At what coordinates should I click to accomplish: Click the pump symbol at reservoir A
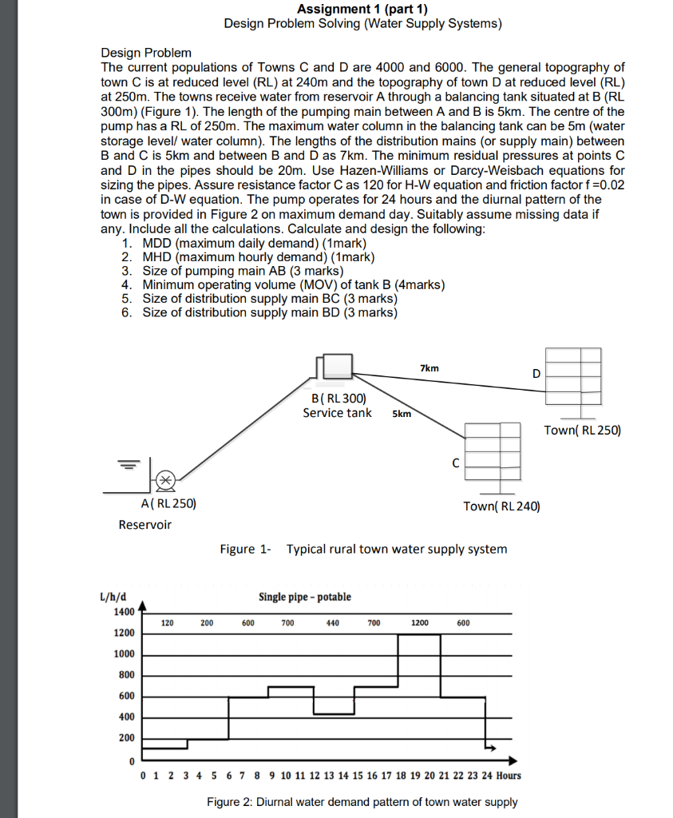(x=164, y=479)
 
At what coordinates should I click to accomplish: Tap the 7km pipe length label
(x=429, y=368)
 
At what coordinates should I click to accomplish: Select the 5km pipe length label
(x=402, y=414)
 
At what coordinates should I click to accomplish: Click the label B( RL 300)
(x=338, y=398)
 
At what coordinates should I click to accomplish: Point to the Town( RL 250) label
(x=582, y=431)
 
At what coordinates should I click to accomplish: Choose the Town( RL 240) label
(x=501, y=506)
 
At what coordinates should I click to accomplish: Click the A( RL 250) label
(x=168, y=504)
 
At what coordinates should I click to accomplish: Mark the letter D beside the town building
(x=536, y=374)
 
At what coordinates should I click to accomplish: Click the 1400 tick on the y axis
(x=124, y=612)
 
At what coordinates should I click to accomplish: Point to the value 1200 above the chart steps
(x=419, y=622)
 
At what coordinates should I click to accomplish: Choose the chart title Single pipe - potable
(x=304, y=597)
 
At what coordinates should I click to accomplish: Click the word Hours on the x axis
(x=509, y=775)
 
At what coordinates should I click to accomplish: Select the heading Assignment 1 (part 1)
(x=362, y=9)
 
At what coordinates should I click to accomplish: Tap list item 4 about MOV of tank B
(x=292, y=284)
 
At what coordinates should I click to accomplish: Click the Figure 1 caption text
(x=363, y=549)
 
